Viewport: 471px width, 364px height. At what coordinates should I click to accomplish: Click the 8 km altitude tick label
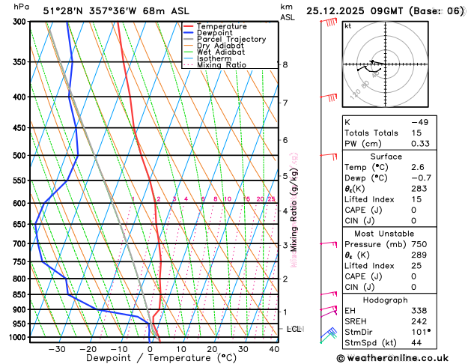click(285, 65)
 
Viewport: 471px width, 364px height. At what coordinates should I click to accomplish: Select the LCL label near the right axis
click(294, 329)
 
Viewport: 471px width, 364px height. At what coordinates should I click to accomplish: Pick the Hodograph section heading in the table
click(404, 299)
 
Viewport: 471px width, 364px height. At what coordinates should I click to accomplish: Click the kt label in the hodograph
click(347, 25)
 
